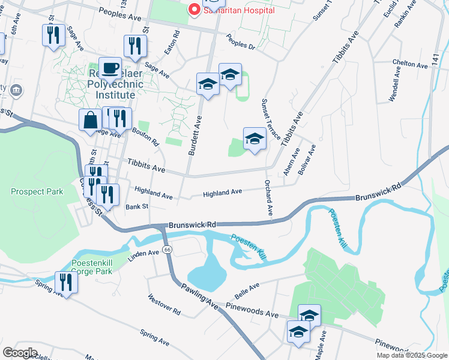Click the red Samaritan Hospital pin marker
pos(194,10)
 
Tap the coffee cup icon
pos(110,68)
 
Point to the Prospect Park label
pos(37,192)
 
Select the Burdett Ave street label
pos(195,134)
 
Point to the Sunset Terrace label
pos(270,119)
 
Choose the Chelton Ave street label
pos(409,62)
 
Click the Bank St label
pos(136,207)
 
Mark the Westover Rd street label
pos(164,304)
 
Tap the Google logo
pos(20,352)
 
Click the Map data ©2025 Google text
pos(411,355)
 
